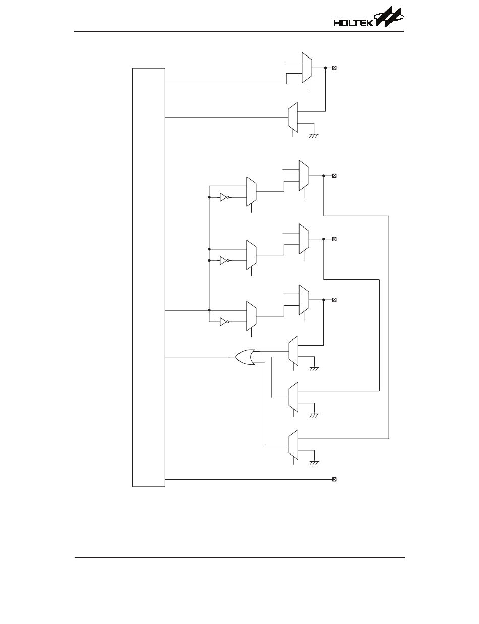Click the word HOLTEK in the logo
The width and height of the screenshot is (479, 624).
(x=353, y=23)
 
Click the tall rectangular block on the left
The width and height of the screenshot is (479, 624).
(x=149, y=277)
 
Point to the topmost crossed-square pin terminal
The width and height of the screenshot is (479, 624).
(x=334, y=67)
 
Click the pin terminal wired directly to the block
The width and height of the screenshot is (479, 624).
(x=334, y=479)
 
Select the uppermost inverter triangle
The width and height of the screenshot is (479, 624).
(x=224, y=198)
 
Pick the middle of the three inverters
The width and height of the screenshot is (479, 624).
(x=224, y=260)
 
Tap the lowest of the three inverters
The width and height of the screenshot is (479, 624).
(x=224, y=322)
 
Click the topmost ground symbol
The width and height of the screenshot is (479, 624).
(x=313, y=134)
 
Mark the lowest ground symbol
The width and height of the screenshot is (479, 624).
(x=313, y=462)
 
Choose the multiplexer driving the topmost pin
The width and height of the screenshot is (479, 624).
(x=306, y=67)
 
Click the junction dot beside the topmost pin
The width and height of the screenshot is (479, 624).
(x=325, y=67)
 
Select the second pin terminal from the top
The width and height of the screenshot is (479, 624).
(x=334, y=175)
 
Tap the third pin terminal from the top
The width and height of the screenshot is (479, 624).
(x=334, y=238)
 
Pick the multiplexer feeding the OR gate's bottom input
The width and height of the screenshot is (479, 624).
(x=293, y=444)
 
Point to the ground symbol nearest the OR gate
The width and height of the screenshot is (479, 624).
(x=313, y=368)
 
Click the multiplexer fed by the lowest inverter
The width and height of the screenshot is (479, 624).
(x=251, y=316)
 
